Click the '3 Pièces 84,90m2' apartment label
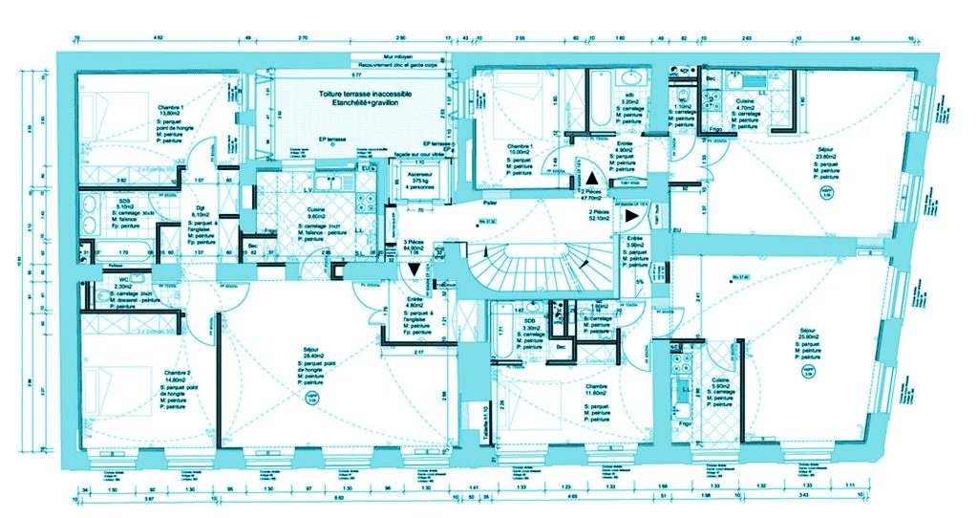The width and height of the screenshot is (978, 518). (x=413, y=248)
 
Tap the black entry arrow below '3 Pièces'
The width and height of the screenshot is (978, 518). (x=414, y=270)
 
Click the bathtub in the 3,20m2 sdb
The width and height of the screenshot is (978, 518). (x=600, y=101)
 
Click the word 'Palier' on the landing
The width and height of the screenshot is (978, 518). (x=490, y=204)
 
